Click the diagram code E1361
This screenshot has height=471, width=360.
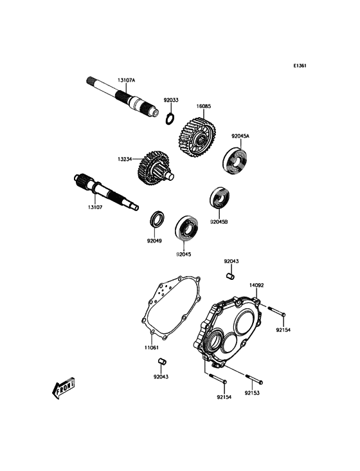pos(300,66)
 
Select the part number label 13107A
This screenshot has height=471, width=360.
pos(126,80)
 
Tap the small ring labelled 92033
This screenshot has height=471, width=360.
pos(170,118)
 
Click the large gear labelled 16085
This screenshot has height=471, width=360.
pos(198,136)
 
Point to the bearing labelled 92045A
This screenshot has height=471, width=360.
pos(235,160)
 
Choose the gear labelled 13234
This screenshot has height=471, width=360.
pos(154,168)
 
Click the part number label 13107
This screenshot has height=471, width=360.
pos(95,207)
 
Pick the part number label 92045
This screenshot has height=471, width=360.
pos(184,254)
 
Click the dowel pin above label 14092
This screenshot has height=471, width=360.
pos(230,275)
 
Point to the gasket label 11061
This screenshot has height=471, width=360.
pos(151,347)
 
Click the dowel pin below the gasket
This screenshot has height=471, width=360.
pos(162,360)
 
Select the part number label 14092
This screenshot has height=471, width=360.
pos(256,285)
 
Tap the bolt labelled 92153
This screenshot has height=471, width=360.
pos(255,378)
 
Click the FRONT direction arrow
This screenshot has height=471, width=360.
pos(63,389)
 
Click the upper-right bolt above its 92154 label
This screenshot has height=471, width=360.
pos(276,311)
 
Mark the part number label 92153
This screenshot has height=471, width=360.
pos(252,393)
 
